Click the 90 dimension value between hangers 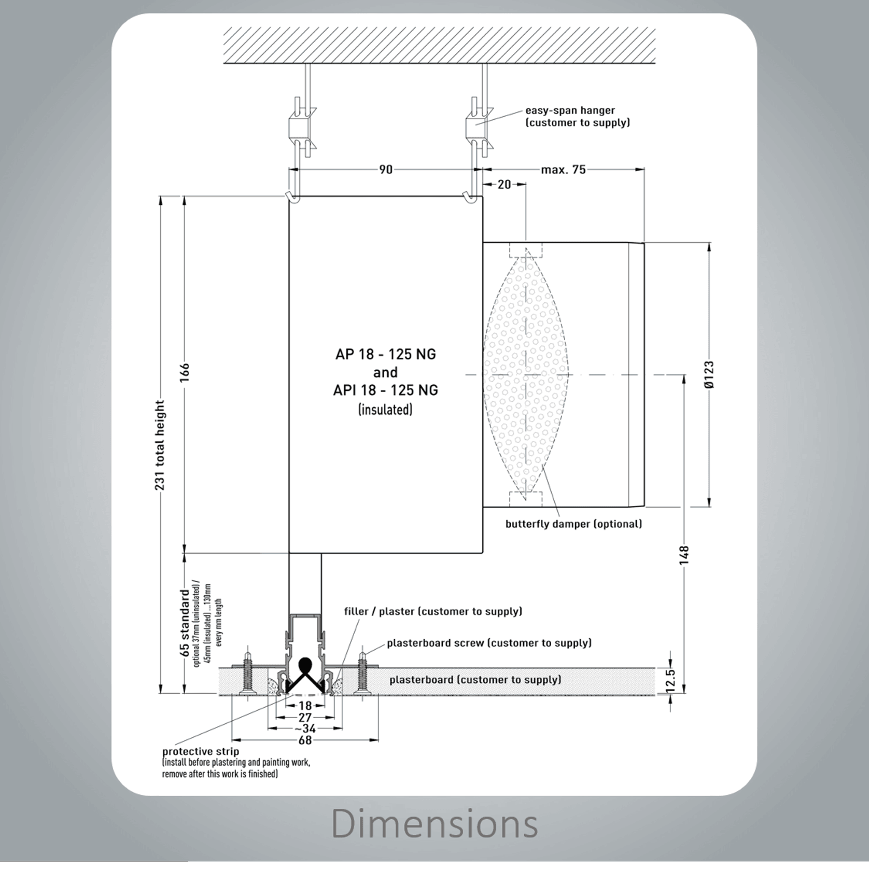point(386,170)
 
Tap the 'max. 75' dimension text point(563,170)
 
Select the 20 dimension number point(504,184)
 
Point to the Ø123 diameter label point(709,374)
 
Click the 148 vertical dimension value point(684,555)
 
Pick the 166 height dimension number point(185,373)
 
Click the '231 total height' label point(160,445)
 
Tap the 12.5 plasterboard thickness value point(670,680)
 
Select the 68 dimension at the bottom point(305,740)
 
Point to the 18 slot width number point(305,706)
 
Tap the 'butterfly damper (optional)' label point(573,524)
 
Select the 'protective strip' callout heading point(201,751)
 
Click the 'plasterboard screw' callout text point(489,643)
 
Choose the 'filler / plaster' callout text point(433,611)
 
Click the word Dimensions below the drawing point(434,823)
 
